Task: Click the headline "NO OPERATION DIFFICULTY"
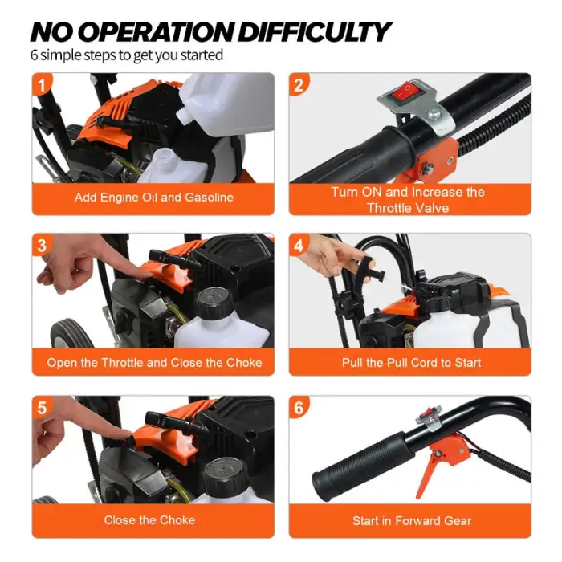point(210,32)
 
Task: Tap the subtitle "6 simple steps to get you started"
point(127,55)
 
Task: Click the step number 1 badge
point(42,85)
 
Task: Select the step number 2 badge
point(299,85)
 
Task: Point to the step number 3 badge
point(42,245)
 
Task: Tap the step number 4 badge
point(299,245)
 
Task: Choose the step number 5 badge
point(42,408)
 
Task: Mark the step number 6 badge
point(299,408)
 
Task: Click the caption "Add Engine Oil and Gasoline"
point(154,198)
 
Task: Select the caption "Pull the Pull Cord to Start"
point(411,363)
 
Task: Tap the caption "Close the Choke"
point(149,520)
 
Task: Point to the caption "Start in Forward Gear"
point(411,521)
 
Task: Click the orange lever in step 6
point(432,466)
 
